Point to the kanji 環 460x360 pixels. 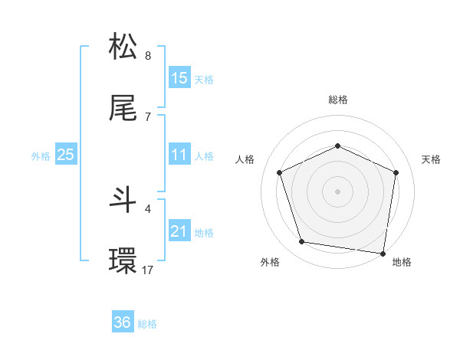123,261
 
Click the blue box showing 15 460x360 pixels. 179,78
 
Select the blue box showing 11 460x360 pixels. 179,155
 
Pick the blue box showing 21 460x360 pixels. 179,231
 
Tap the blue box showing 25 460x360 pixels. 66,155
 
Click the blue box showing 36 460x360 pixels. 123,322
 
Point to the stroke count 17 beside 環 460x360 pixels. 147,270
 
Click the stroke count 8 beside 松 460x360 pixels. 147,55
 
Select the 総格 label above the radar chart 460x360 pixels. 338,100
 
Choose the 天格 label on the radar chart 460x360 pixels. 431,159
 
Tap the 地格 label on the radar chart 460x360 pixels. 402,262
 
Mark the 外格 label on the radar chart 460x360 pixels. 270,262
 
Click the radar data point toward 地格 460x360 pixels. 383,253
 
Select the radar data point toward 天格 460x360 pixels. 396,172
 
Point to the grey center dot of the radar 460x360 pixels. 338,191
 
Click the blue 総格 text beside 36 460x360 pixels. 147,324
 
